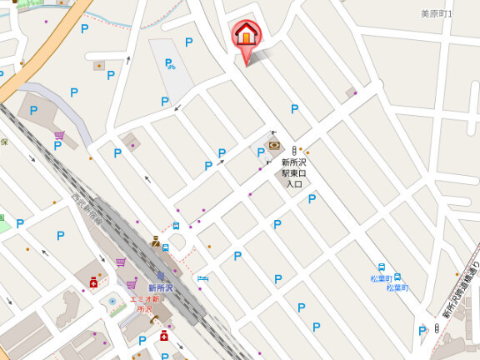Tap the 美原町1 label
point(436,14)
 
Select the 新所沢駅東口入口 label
point(294,172)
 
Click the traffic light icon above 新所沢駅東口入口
point(293,150)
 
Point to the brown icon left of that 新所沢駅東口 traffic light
point(274,144)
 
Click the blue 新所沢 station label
point(161,287)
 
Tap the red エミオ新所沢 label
point(145,303)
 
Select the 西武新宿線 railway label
point(86,211)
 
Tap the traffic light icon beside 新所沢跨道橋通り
point(436,329)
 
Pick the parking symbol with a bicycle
point(169,63)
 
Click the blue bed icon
point(202,278)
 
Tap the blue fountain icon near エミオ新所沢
point(112,301)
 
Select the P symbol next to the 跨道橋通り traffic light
point(422,331)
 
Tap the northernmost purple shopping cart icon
point(59,135)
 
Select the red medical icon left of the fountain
point(93,283)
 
